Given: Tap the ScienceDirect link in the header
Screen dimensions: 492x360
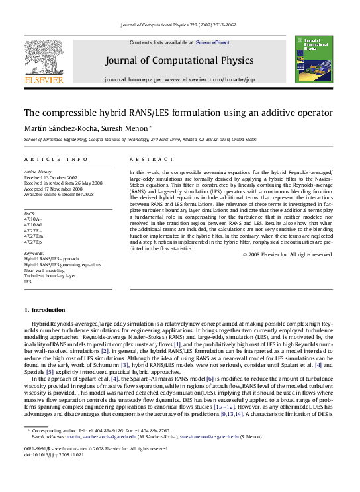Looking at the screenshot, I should point(212,42).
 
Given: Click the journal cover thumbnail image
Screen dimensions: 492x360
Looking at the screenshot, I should point(310,60).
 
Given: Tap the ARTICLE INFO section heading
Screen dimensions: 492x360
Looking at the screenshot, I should point(56,160).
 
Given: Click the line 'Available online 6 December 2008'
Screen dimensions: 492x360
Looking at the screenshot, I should point(59,195).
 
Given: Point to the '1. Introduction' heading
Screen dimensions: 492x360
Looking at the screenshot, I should point(46,310).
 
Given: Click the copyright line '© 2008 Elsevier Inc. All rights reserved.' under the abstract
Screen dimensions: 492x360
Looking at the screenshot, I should point(287,254).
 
